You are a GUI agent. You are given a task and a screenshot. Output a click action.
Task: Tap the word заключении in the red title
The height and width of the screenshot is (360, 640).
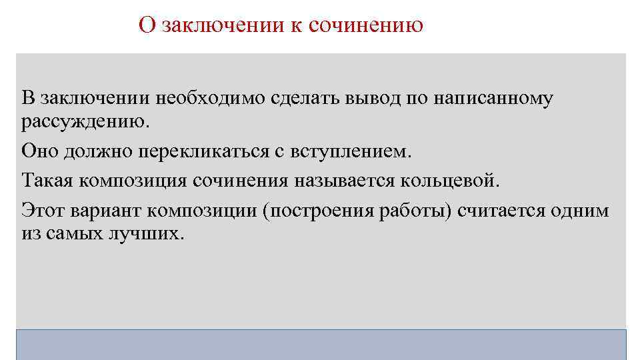[211, 25]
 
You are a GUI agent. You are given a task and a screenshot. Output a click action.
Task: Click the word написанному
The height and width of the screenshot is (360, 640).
[494, 99]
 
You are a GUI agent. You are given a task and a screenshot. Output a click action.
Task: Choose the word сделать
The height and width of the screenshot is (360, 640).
[305, 99]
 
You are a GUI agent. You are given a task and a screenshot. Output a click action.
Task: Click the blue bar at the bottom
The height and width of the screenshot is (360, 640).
[321, 344]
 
